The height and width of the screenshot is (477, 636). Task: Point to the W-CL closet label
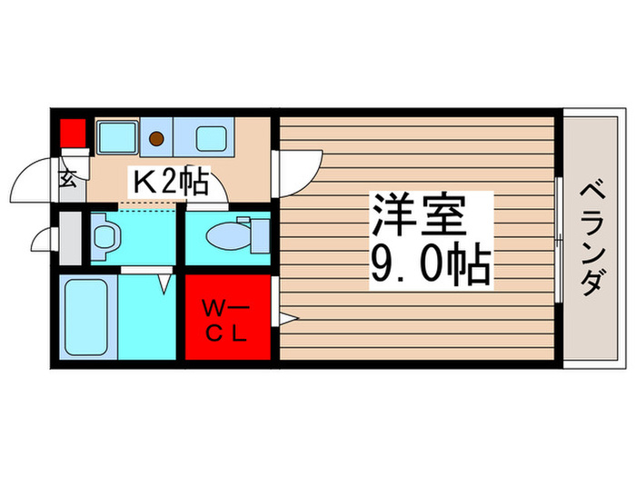tap(227, 320)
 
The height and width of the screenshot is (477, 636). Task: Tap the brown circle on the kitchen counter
tap(157, 138)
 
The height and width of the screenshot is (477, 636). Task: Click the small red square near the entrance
tap(72, 134)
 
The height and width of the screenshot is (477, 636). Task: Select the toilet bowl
tap(224, 237)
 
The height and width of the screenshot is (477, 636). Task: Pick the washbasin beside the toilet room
tap(105, 236)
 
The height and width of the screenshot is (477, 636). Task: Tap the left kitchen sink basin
tap(116, 138)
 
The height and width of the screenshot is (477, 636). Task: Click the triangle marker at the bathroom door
tap(164, 284)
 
